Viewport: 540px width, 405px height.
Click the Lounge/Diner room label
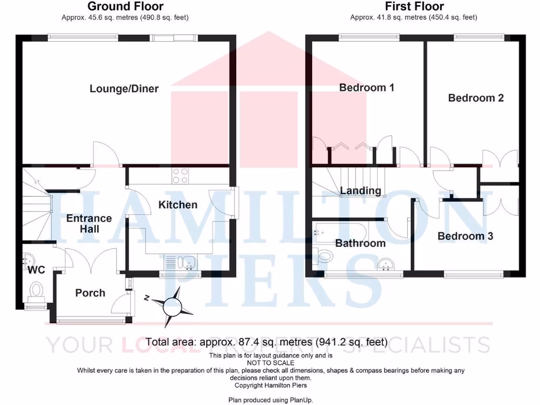pyautogui.click(x=124, y=89)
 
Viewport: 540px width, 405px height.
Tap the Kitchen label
pyautogui.click(x=178, y=205)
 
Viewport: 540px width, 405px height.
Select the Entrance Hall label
pyautogui.click(x=89, y=224)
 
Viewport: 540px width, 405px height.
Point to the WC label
pyautogui.click(x=36, y=270)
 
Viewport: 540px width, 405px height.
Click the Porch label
pyautogui.click(x=90, y=293)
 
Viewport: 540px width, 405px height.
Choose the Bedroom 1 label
pyautogui.click(x=367, y=88)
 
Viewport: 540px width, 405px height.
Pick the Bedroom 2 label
pyautogui.click(x=476, y=98)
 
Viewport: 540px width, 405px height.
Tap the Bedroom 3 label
pyautogui.click(x=465, y=236)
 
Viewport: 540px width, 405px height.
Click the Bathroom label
pyautogui.click(x=361, y=243)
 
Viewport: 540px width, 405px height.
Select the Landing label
pyautogui.click(x=361, y=191)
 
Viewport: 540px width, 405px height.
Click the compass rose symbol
pyautogui.click(x=171, y=307)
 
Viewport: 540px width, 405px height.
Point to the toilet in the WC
pyautogui.click(x=36, y=290)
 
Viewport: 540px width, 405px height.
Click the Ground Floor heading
pyautogui.click(x=125, y=7)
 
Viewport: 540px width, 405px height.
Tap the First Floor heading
pyautogui.click(x=414, y=7)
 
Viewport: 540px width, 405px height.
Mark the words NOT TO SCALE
pyautogui.click(x=270, y=363)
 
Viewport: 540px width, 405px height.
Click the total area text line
pyautogui.click(x=266, y=342)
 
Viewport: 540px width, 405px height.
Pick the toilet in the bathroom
pyautogui.click(x=324, y=257)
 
